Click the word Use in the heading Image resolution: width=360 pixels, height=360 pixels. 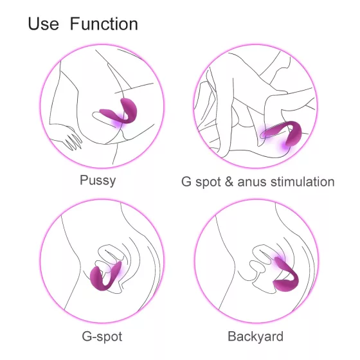(44, 24)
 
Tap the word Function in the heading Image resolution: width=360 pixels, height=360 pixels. (104, 24)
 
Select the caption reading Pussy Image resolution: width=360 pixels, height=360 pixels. (98, 180)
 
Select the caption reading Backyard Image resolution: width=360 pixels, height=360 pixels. (255, 336)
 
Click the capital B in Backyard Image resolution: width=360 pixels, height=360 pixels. (232, 336)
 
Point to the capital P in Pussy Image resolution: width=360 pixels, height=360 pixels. (84, 180)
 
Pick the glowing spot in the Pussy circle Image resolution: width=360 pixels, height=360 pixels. (114, 120)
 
